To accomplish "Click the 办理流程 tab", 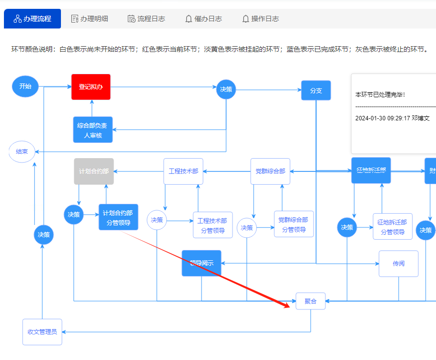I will click(x=32, y=19).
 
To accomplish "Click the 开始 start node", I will click(x=25, y=86).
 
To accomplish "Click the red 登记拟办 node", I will click(x=91, y=87).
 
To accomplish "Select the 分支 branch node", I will click(x=316, y=90).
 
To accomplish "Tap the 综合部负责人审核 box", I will click(x=92, y=130).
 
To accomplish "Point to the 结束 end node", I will click(x=22, y=152).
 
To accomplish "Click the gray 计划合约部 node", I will click(x=94, y=171).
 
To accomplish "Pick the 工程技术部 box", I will click(x=183, y=171).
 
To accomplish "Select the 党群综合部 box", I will click(x=270, y=171).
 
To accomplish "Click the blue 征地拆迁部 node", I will click(x=371, y=170).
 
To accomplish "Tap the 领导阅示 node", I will click(x=202, y=263).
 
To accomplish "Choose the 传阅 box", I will click(x=398, y=263).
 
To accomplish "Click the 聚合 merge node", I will click(x=310, y=301).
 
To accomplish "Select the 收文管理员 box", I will click(x=42, y=332).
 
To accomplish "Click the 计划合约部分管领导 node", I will click(x=118, y=217).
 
